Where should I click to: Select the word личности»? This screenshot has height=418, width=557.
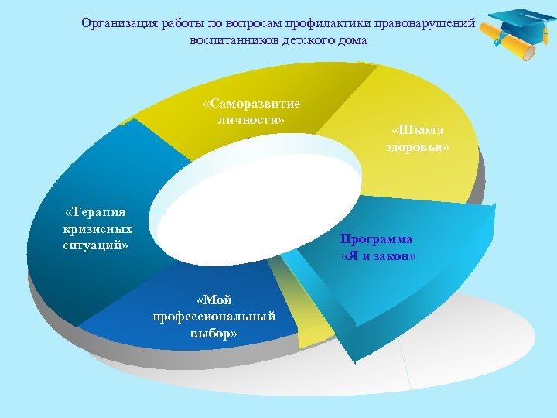pyautogui.click(x=251, y=119)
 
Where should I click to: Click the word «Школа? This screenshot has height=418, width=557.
pyautogui.click(x=418, y=129)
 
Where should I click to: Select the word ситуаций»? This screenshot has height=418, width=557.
pyautogui.click(x=96, y=245)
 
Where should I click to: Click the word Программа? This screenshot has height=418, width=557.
pyautogui.click(x=377, y=239)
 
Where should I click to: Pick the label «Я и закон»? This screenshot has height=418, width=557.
pyautogui.click(x=378, y=255)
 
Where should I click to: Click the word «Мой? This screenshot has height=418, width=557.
pyautogui.click(x=214, y=300)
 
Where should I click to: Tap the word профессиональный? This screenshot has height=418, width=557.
pyautogui.click(x=214, y=317)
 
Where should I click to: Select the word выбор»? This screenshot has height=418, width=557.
pyautogui.click(x=214, y=333)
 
